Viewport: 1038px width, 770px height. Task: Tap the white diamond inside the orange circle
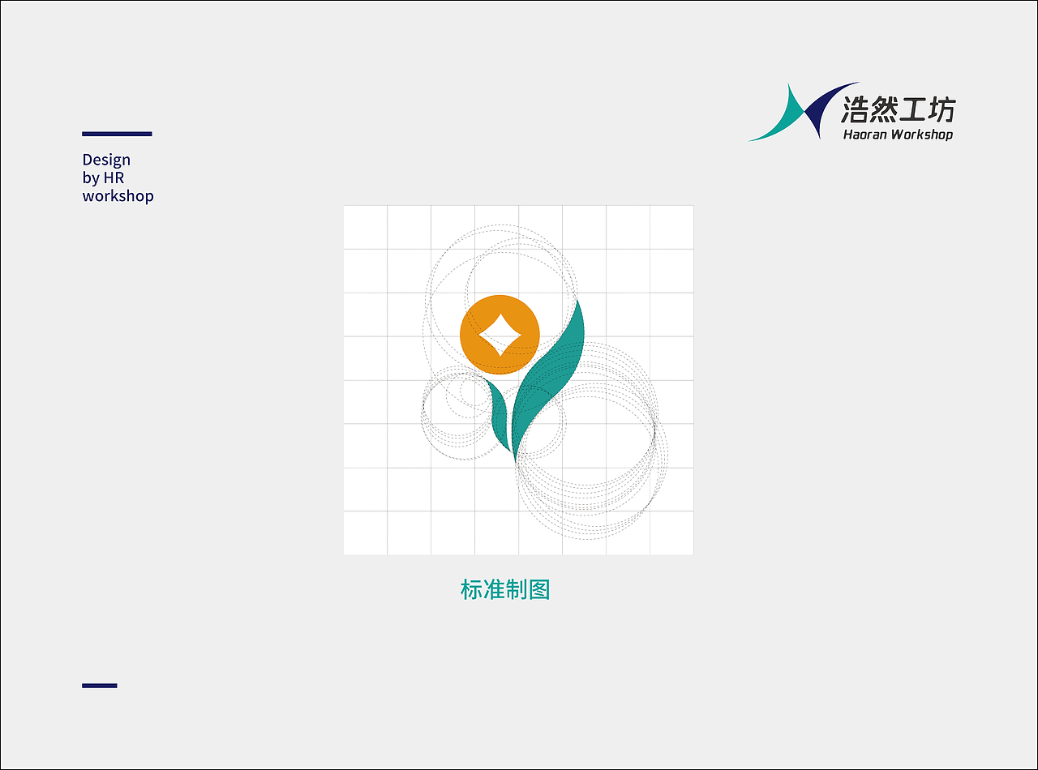(x=500, y=335)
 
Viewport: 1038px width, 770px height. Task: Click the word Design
(x=106, y=160)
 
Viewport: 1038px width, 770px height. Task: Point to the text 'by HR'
(x=103, y=178)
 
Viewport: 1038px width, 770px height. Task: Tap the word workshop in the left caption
(x=118, y=196)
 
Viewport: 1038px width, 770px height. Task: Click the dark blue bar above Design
(x=117, y=134)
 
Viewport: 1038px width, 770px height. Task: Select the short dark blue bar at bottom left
(x=100, y=686)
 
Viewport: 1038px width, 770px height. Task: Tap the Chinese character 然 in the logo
(x=884, y=109)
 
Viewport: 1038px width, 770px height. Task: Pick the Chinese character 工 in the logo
(x=913, y=109)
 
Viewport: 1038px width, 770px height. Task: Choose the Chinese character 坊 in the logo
(x=941, y=109)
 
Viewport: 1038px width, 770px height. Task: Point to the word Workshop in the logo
(x=922, y=135)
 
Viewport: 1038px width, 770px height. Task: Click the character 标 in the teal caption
(x=471, y=589)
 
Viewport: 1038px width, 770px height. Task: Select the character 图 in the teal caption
(x=539, y=589)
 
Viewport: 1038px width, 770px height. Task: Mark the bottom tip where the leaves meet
(x=514, y=459)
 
